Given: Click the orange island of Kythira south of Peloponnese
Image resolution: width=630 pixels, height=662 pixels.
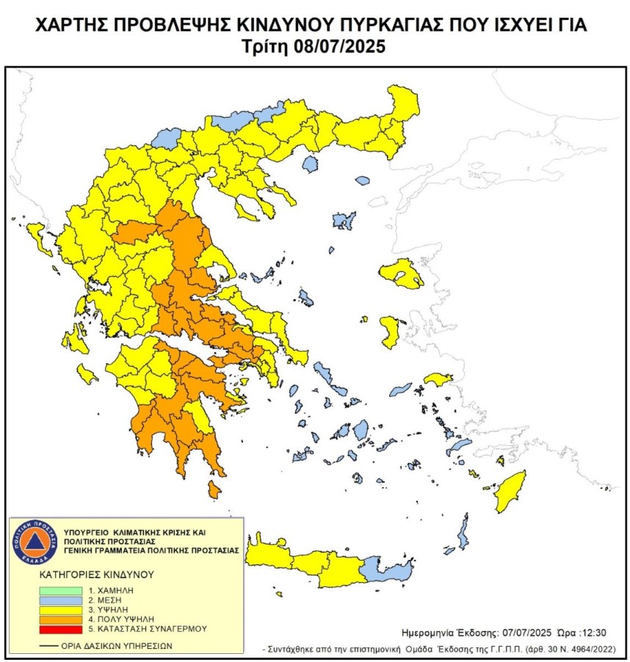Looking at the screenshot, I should pyautogui.click(x=214, y=489).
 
